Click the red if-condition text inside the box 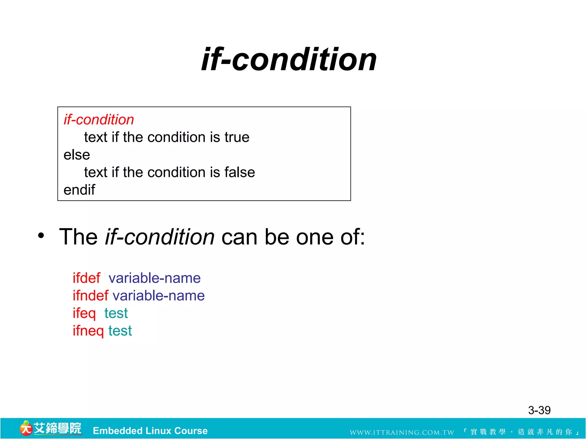tap(99, 119)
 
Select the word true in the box tap(237, 137)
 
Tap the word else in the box tap(77, 155)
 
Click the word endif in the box tap(79, 190)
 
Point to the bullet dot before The tap(41, 236)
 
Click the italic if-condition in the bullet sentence tap(160, 237)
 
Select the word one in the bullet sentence tap(314, 237)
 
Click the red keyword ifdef tap(86, 278)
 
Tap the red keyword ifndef tap(90, 296)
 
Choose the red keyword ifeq tap(84, 313)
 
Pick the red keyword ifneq tap(88, 331)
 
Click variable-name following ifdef tap(155, 278)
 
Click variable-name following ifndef tap(159, 296)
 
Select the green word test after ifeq tap(116, 313)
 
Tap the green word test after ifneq tap(120, 331)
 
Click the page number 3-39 tap(539, 410)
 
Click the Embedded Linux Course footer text tap(150, 431)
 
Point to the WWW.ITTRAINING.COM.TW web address tap(402, 432)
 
